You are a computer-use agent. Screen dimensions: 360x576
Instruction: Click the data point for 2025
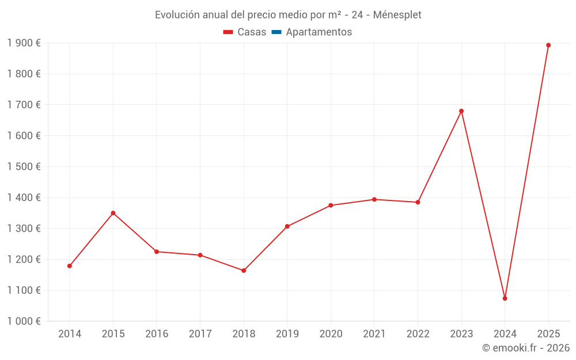(548, 45)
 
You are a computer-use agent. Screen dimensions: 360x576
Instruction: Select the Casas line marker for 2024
(505, 298)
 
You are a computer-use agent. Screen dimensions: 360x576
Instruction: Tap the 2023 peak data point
(461, 111)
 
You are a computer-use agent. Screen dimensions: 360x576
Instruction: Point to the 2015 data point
(113, 213)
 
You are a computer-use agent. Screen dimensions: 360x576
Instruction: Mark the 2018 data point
(244, 271)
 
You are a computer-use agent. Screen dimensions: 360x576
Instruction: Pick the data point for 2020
(331, 206)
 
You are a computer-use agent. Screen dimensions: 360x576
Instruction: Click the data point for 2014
(70, 266)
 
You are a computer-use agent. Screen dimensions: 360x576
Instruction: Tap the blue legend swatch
(276, 32)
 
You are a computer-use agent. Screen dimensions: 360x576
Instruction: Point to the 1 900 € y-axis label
(24, 43)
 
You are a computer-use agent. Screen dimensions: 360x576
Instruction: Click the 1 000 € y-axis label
(24, 321)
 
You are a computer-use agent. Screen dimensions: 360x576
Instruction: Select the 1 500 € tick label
(24, 167)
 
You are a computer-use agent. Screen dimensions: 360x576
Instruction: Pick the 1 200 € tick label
(24, 260)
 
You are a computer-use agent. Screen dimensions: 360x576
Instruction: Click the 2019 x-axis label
(287, 334)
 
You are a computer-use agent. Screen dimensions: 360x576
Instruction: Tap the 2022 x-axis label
(418, 334)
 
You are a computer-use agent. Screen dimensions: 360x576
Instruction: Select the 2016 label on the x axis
(157, 334)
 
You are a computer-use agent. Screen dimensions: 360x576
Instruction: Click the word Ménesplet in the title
(397, 15)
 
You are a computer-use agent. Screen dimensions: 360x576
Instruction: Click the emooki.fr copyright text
(525, 348)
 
